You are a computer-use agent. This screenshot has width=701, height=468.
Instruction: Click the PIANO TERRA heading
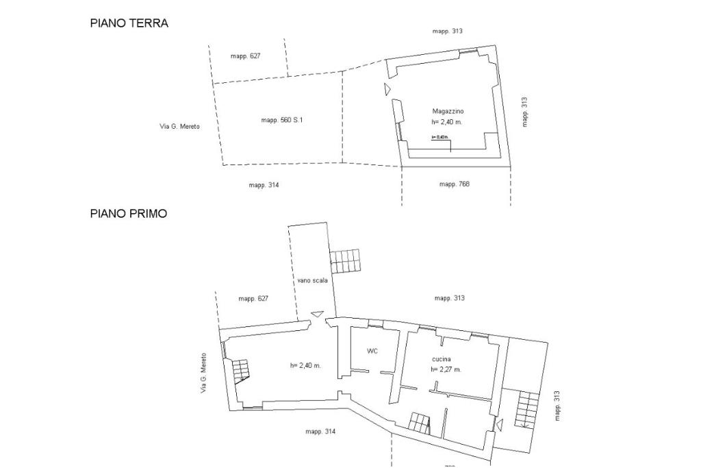point(129,23)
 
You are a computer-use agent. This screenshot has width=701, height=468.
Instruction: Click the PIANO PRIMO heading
point(129,214)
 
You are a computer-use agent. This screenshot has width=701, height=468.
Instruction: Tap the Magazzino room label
point(448,111)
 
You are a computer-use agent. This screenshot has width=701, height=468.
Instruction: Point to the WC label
point(372,352)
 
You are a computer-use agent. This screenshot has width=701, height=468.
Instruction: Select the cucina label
point(441,360)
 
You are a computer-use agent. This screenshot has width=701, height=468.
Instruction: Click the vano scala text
point(312,280)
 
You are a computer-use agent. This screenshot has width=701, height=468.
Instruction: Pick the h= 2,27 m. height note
point(446,369)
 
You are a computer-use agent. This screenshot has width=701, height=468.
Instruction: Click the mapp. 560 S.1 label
point(281,120)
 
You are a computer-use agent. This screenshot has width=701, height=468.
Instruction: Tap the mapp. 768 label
point(454,184)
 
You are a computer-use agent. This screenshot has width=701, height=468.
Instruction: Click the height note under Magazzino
point(447,121)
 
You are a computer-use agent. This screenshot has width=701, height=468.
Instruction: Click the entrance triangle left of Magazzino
point(387,89)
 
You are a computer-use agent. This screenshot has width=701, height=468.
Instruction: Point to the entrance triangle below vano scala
point(316,314)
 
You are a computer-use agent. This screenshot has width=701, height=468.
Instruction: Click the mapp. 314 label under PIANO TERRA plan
point(264,185)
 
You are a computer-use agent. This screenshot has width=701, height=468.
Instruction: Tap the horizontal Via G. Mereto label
point(179,126)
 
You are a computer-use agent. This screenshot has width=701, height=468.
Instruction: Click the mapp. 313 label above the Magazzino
point(448,31)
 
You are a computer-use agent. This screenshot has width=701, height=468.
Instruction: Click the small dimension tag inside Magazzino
point(439,137)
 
